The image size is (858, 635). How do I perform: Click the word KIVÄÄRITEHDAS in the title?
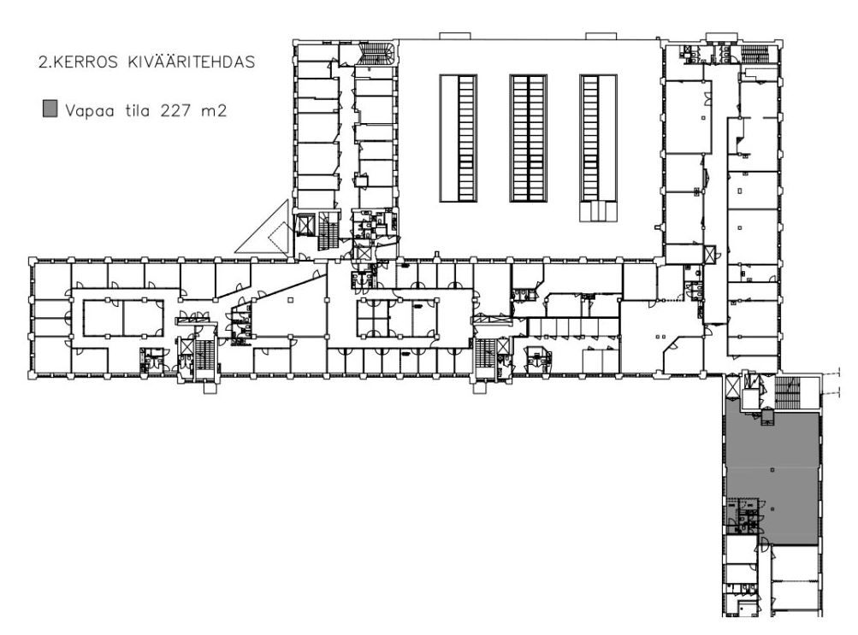[x=191, y=62]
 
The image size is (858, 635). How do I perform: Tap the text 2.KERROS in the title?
[x=78, y=62]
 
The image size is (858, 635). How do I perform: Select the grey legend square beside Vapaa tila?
[x=50, y=109]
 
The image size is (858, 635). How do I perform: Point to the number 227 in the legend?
[x=175, y=111]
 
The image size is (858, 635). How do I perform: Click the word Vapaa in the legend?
[x=89, y=111]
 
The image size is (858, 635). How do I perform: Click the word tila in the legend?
[x=138, y=111]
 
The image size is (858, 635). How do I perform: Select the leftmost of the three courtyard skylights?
[x=458, y=138]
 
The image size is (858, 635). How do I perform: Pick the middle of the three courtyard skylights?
[x=528, y=138]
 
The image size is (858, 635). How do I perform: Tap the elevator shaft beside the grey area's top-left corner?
[x=731, y=387]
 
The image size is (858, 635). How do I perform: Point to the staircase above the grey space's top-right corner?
[x=787, y=391]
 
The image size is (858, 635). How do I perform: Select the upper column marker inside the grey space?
[x=772, y=469]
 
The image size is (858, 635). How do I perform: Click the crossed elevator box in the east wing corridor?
[x=710, y=254]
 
